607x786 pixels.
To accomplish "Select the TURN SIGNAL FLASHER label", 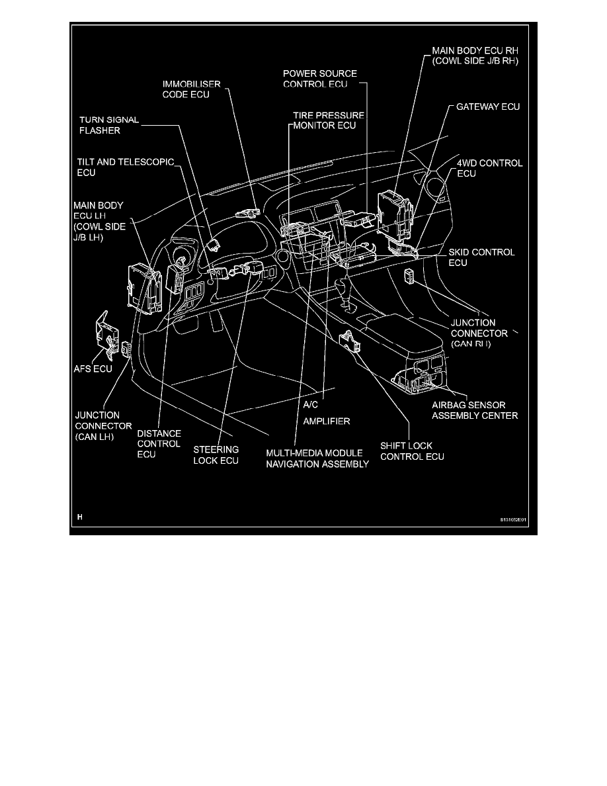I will coord(109,125).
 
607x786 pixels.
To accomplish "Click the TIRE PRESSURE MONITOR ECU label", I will coord(329,120).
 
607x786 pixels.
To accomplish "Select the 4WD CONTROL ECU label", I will coord(490,168).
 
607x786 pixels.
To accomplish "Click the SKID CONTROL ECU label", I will coord(481,258).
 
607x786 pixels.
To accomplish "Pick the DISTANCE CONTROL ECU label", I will coord(159,444).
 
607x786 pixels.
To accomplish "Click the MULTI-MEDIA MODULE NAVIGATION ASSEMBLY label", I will coord(317,459).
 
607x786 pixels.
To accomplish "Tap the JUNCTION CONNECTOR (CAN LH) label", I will coord(103,425).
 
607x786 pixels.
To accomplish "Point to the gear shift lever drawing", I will coord(344,294).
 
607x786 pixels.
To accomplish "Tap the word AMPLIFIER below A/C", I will coord(326,420).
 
